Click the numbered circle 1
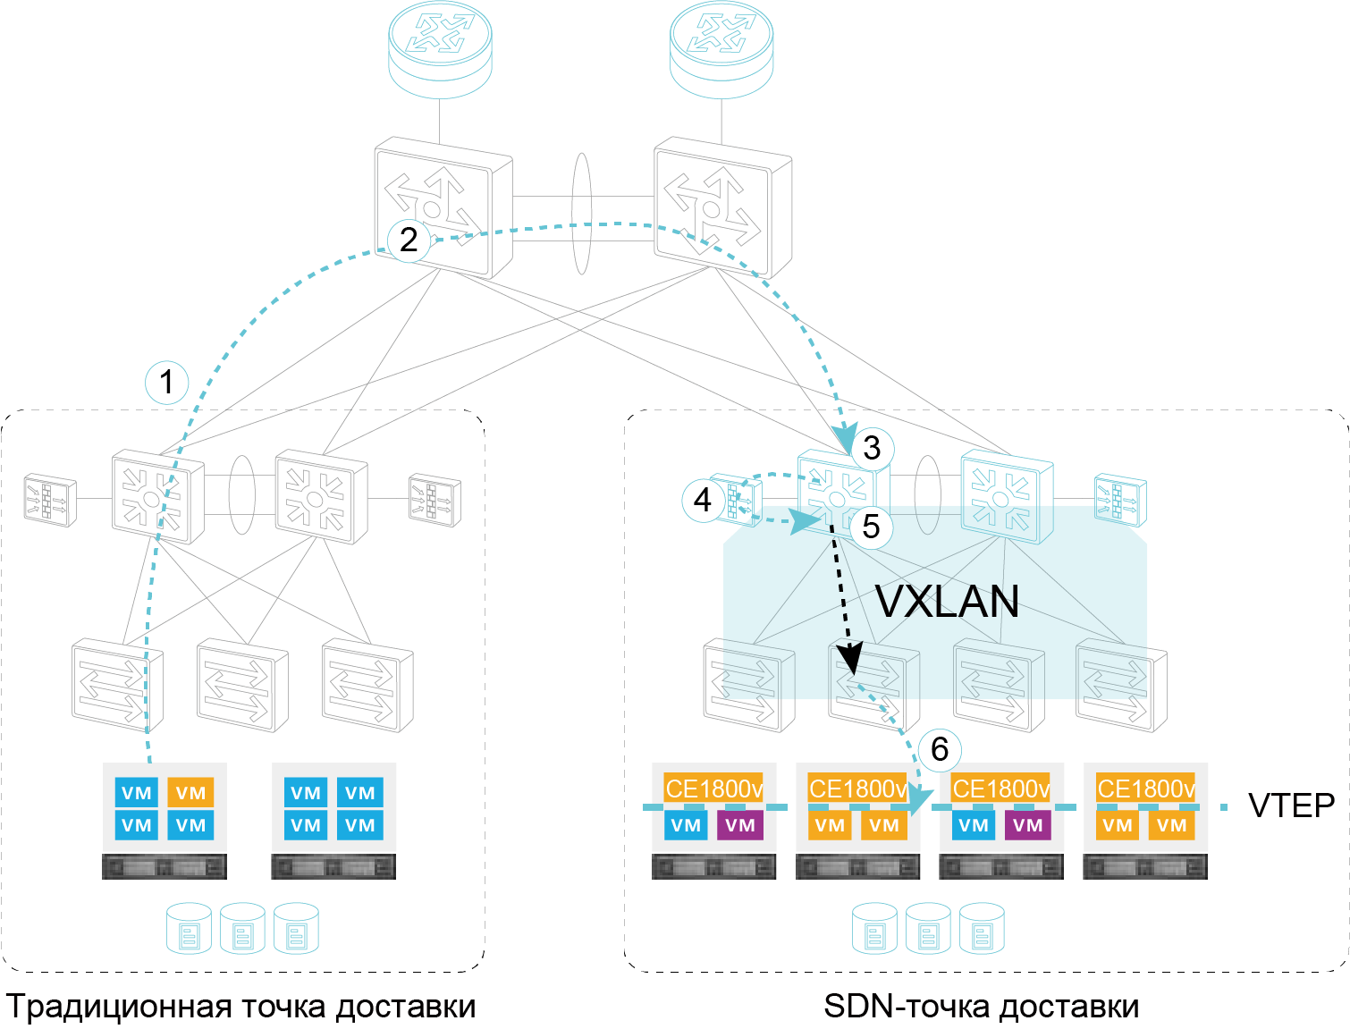click(166, 383)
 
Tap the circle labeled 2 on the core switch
click(409, 239)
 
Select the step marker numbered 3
click(872, 447)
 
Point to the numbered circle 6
click(939, 749)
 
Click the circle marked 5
click(871, 527)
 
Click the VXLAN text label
click(947, 601)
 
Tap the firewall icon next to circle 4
click(737, 499)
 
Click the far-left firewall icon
click(49, 499)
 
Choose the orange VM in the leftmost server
click(190, 793)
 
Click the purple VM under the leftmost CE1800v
click(740, 825)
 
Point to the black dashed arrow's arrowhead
click(852, 662)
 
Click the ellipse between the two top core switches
click(582, 213)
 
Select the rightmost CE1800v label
click(1145, 789)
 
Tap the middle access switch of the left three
click(242, 685)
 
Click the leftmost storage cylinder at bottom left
click(189, 929)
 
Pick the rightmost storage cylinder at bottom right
click(982, 929)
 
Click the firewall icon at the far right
click(1120, 501)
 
